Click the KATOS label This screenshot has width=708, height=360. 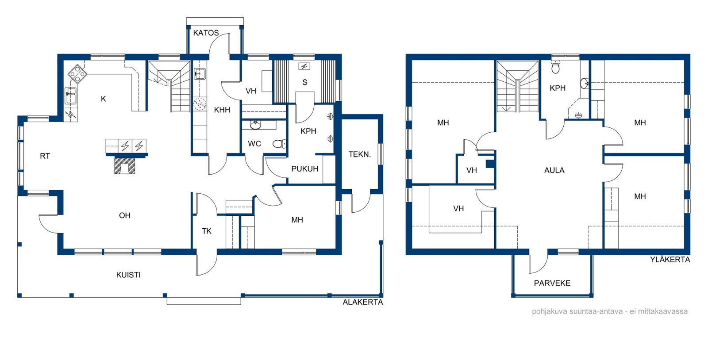(206, 33)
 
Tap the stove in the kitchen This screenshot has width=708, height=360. (77, 74)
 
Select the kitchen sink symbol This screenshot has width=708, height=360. (71, 96)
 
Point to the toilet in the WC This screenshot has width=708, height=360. (279, 144)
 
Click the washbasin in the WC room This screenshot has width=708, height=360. (255, 125)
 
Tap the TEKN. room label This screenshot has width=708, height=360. (360, 154)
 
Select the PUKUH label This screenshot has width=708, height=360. (305, 169)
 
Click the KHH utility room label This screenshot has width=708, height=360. (222, 110)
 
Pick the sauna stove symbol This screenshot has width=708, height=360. (304, 66)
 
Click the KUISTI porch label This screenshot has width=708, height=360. (128, 275)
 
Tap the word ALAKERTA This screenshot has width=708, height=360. (363, 302)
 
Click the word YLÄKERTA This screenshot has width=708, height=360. (670, 260)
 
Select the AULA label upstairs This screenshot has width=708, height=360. (554, 171)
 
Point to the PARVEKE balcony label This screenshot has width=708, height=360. (552, 283)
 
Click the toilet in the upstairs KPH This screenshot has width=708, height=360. (556, 67)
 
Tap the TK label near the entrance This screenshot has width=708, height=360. (207, 231)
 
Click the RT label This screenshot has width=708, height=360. (45, 156)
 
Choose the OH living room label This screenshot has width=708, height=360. (124, 215)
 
